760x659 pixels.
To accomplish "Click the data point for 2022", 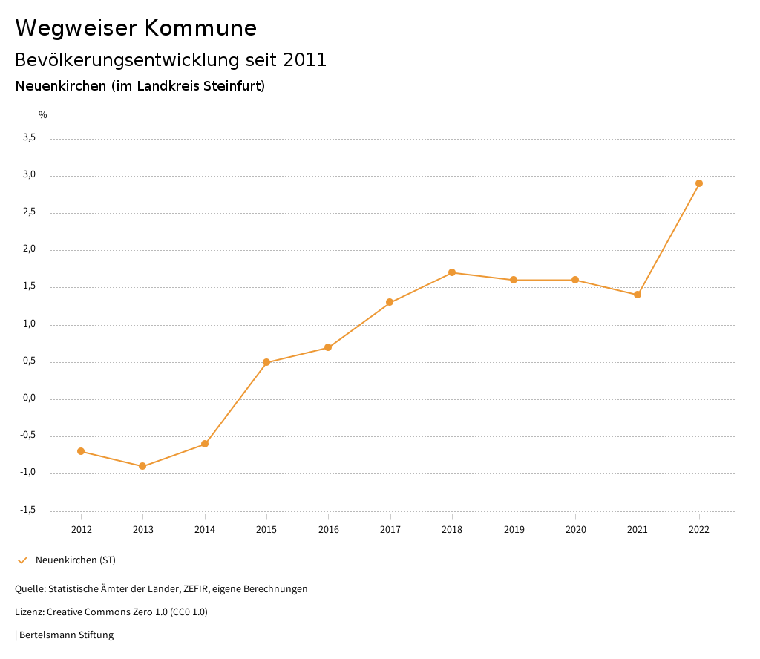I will point(699,183).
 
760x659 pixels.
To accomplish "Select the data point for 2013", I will point(142,466).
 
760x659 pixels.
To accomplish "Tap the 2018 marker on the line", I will point(452,272).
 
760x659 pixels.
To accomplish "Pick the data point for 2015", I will point(266,362).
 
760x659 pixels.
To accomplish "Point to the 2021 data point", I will point(638,295).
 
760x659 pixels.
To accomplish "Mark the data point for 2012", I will point(81,451).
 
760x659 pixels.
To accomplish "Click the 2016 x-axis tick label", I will point(328,529).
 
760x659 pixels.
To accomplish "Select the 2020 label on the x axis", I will point(575,529).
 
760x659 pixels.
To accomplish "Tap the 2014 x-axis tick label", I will point(205,529).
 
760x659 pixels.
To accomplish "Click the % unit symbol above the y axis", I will point(43,115).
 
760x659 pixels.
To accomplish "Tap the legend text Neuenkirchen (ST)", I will point(76,560).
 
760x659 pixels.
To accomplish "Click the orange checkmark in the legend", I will point(22,560).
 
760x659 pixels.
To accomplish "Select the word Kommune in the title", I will point(200,28).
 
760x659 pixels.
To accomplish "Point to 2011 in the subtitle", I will point(305,60).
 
